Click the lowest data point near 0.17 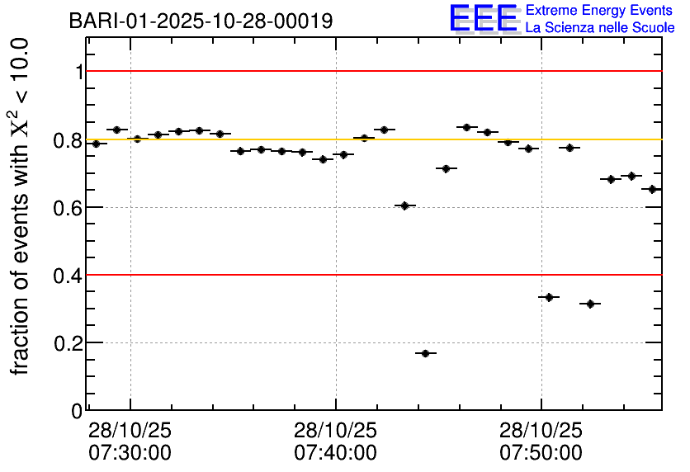(x=426, y=353)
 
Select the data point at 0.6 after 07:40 (x=404, y=205)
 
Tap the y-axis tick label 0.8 (x=69, y=140)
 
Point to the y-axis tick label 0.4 (x=69, y=276)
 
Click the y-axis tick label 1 (x=79, y=73)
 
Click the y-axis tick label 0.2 (x=69, y=343)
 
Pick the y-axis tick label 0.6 (x=69, y=208)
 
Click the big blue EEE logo (x=484, y=18)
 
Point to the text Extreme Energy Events (x=598, y=11)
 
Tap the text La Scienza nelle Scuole (x=600, y=27)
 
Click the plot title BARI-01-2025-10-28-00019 (x=201, y=21)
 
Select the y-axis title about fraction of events (x=22, y=206)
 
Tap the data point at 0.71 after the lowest (x=447, y=168)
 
